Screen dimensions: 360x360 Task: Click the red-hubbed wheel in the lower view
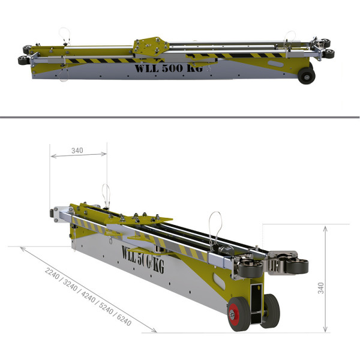239,314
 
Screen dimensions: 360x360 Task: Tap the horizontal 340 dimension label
77,151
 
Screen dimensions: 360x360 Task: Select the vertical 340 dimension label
321,288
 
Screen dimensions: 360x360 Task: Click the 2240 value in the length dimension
52,273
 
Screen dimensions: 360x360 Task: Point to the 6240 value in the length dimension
124,320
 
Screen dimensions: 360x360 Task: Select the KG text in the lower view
158,267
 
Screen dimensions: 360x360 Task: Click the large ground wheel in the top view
307,76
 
